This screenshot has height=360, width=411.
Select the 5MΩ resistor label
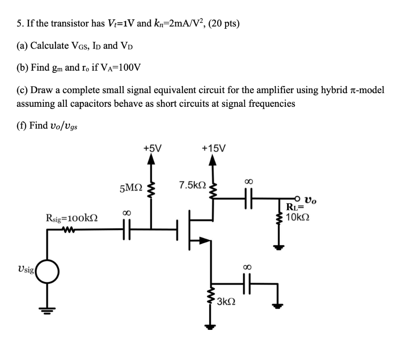pyautogui.click(x=130, y=187)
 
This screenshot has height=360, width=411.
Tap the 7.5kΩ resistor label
pyautogui.click(x=193, y=185)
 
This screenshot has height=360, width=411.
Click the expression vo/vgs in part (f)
pyautogui.click(x=64, y=126)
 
